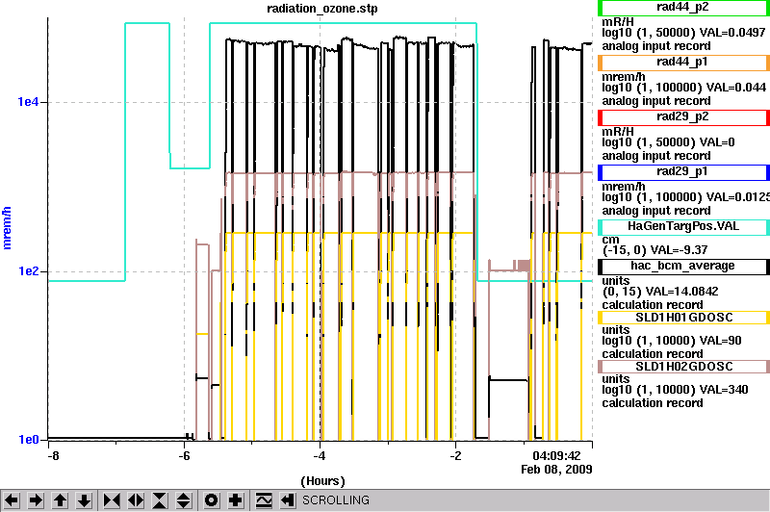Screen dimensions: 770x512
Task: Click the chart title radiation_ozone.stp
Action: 322,9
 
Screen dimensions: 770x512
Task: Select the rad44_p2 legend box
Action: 683,8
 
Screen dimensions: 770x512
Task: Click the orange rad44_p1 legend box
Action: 683,63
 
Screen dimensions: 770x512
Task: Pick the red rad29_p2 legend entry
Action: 683,117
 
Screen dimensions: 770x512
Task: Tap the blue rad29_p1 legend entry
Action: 683,172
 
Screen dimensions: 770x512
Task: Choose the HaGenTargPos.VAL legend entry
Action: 683,227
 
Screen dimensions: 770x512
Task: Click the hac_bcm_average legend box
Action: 683,266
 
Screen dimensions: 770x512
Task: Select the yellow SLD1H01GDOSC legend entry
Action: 683,318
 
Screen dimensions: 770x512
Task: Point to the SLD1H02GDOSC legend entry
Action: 683,367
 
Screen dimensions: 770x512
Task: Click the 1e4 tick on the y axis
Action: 28,102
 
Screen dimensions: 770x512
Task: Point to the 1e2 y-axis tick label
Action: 28,271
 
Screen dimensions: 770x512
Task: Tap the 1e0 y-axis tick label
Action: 28,440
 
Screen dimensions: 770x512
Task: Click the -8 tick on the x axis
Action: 53,455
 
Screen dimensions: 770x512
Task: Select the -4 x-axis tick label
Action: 320,455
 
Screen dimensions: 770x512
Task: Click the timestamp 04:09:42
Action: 556,455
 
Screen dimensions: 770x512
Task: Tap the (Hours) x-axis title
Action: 322,481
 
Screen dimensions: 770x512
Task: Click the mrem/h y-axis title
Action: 7,228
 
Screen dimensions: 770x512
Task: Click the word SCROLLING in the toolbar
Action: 336,500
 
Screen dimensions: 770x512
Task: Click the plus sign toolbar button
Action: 236,500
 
